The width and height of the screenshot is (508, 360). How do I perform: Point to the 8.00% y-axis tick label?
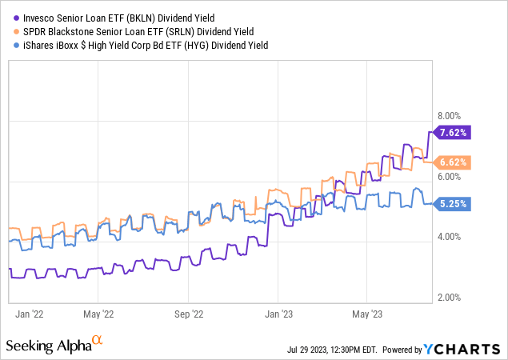(x=449, y=115)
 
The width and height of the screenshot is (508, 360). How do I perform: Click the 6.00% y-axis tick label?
(x=449, y=176)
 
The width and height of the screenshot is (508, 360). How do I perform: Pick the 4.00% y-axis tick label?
(x=449, y=237)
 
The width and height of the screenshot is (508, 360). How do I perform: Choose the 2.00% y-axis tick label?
(x=449, y=298)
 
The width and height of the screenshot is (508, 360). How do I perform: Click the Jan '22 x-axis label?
(x=30, y=314)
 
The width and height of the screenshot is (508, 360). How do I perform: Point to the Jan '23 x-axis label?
(x=281, y=314)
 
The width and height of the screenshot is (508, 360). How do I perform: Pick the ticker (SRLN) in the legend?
(x=189, y=31)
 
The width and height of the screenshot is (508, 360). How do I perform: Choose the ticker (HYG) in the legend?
(x=210, y=46)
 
